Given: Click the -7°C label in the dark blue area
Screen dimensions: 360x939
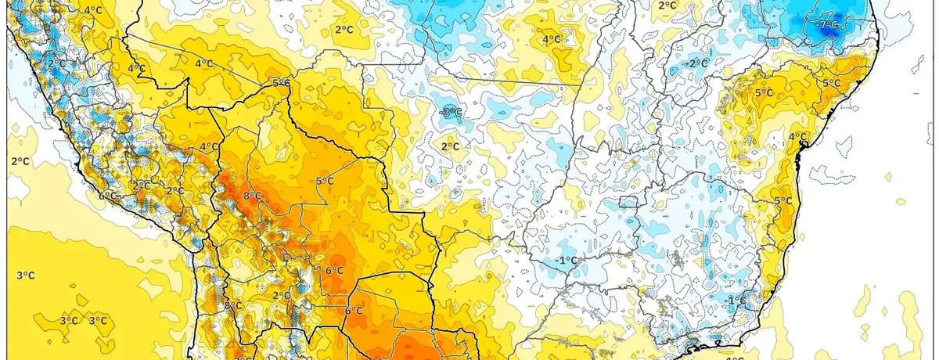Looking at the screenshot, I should [827, 25].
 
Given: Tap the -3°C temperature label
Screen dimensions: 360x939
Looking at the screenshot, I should [451, 113].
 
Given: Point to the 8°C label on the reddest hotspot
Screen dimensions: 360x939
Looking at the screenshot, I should [252, 196].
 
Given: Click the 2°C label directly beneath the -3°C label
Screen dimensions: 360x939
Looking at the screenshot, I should [450, 146].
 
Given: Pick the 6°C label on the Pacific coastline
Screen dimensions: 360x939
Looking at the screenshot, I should [108, 196].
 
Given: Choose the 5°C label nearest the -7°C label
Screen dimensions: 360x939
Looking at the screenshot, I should [830, 83].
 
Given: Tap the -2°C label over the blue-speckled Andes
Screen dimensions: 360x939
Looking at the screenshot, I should [56, 63].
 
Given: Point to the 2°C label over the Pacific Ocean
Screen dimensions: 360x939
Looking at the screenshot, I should [20, 161].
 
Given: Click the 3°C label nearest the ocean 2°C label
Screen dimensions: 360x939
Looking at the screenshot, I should [25, 275].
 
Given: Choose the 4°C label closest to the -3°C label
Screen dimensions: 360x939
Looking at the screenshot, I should [551, 40].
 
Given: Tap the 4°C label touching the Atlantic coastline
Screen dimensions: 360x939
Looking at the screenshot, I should [797, 137].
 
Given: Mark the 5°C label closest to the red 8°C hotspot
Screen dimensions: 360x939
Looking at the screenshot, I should [325, 182].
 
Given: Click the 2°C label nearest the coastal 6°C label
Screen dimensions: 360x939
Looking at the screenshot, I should [142, 185].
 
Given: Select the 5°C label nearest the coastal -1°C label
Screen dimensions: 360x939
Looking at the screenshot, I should [782, 201].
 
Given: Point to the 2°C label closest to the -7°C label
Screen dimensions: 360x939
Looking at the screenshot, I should [667, 5].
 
